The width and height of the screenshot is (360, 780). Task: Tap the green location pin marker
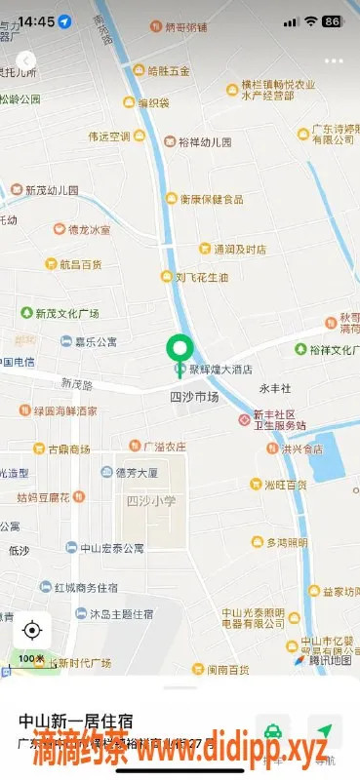(x=180, y=350)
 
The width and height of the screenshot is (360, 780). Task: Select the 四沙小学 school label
(x=151, y=500)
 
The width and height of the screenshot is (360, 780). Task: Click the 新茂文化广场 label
(x=67, y=314)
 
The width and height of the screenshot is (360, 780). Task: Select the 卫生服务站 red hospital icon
(x=245, y=419)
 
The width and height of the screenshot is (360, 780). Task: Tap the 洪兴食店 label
(x=300, y=449)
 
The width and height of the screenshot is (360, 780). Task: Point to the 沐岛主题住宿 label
(x=121, y=615)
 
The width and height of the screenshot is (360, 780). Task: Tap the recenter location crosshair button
(x=32, y=630)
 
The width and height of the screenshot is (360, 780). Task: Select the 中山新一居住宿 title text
(x=75, y=721)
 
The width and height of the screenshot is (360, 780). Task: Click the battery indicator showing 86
(x=332, y=20)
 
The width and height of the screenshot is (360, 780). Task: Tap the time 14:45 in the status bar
(x=36, y=20)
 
